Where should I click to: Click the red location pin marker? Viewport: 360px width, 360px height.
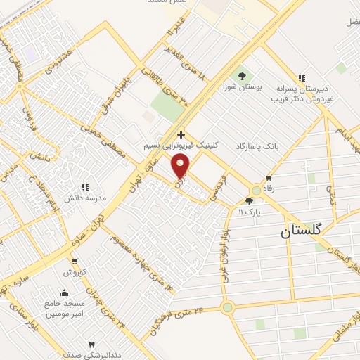pos(181,166)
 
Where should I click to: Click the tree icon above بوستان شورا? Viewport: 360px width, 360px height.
pos(243,75)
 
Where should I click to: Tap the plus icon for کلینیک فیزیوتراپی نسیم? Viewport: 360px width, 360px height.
pos(181,134)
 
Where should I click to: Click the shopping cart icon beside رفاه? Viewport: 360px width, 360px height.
pos(268,177)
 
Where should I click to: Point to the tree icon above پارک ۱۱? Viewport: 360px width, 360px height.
pos(249,201)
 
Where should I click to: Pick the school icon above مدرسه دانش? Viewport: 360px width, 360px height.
pos(85,187)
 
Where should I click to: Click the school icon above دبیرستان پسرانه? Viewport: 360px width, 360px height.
pos(301,78)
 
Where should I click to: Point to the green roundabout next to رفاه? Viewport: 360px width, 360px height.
pos(255,191)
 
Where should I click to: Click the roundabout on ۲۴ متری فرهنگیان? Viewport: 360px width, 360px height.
pos(227,307)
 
